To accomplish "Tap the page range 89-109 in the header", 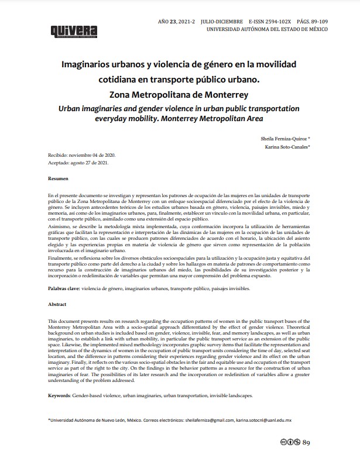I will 317,21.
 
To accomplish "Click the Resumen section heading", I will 59,177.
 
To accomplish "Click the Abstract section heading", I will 57,305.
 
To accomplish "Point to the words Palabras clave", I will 64,290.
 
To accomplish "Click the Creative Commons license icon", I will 289,443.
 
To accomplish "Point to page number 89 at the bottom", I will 306,443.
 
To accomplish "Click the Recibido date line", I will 83,155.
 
